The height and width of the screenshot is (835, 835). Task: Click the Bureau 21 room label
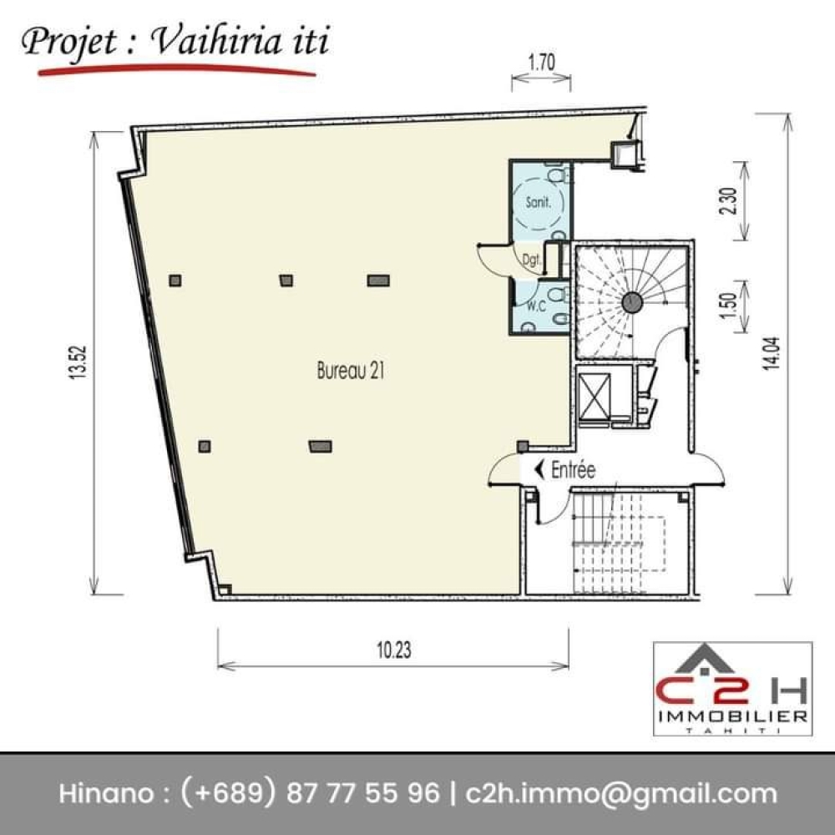click(x=351, y=371)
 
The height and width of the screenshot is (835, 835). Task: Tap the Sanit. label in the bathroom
click(x=537, y=202)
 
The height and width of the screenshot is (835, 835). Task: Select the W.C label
click(x=536, y=306)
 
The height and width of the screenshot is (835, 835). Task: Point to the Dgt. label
click(x=531, y=261)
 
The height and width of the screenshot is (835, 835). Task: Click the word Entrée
click(x=573, y=469)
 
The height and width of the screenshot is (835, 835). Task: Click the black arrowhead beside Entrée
click(x=539, y=469)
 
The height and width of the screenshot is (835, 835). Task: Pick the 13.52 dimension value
click(x=78, y=362)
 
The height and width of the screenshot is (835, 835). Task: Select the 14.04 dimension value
click(x=772, y=353)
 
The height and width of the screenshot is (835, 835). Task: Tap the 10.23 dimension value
click(x=394, y=650)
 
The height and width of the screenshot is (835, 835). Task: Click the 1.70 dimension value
click(x=541, y=63)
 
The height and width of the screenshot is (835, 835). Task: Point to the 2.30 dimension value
click(x=728, y=200)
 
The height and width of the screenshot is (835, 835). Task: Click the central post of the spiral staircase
click(x=632, y=302)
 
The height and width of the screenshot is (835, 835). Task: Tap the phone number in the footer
click(x=311, y=793)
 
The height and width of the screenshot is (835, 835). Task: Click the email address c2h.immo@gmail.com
click(x=621, y=794)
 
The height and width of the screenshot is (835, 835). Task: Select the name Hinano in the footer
click(x=105, y=793)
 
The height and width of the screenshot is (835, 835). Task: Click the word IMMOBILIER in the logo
click(x=733, y=716)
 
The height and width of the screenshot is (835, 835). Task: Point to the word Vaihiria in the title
click(x=217, y=41)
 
